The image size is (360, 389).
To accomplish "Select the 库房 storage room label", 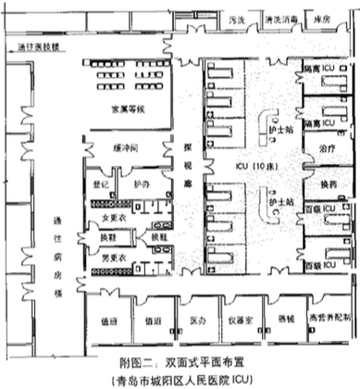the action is click(x=323, y=19).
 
